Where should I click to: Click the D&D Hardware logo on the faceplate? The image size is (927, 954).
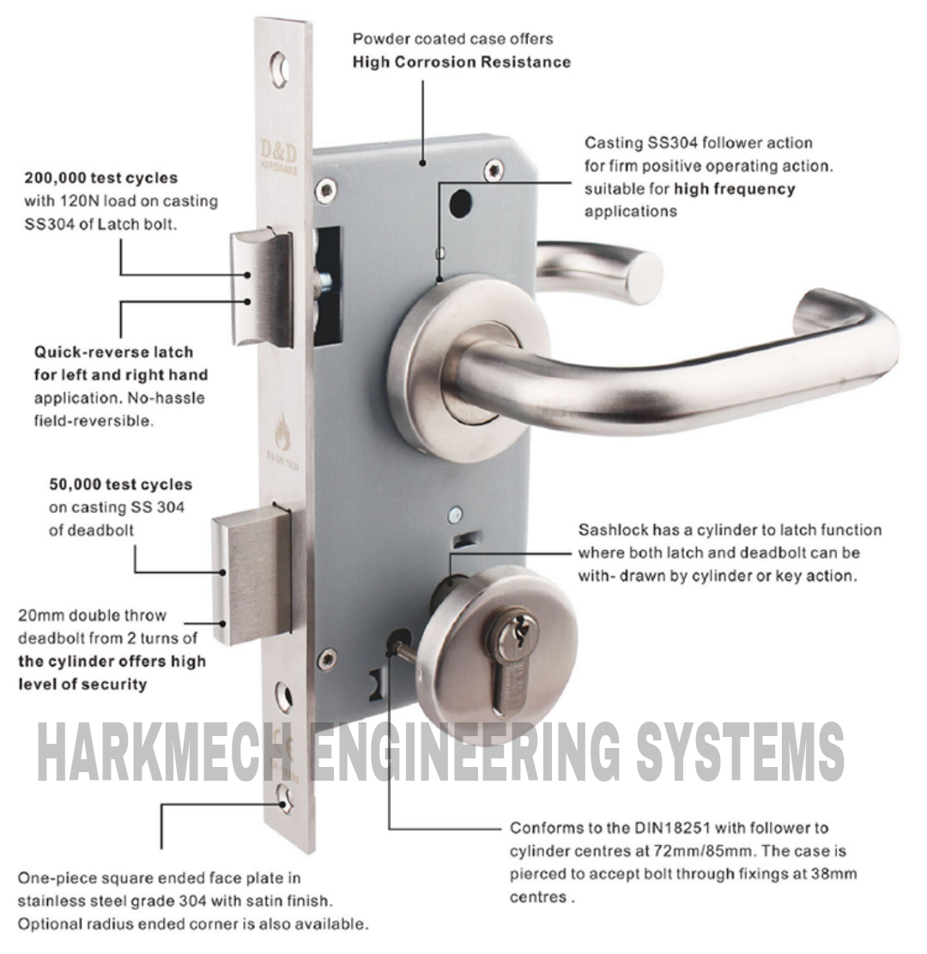point(281,157)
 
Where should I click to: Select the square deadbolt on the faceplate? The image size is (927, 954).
point(251,573)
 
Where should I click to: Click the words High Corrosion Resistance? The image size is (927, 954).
point(462,62)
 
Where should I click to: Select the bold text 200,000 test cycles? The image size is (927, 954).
point(101,178)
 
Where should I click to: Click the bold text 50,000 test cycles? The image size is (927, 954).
point(120,485)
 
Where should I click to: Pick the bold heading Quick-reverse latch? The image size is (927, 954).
point(113,353)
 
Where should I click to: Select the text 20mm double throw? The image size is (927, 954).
point(93,616)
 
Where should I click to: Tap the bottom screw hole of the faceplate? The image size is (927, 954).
point(283,801)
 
